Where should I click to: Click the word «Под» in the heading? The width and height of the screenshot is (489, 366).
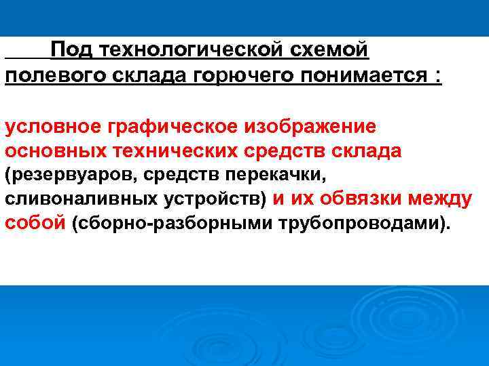click(71, 49)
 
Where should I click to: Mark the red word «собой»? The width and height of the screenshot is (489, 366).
click(35, 224)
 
